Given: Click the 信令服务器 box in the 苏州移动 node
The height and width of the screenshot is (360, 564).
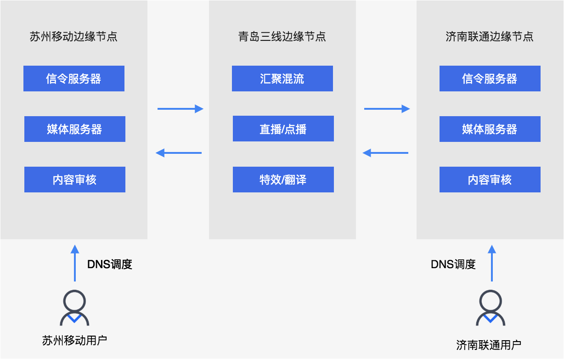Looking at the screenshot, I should pos(74,79).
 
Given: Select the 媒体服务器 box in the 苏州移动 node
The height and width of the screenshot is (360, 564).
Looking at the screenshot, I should pos(74,129).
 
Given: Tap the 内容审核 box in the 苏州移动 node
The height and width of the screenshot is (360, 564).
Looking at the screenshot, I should pos(74,180).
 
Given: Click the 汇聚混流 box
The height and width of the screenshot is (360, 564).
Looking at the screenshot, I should pos(282,79).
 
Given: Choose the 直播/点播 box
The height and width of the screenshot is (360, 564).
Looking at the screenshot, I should pos(283,129).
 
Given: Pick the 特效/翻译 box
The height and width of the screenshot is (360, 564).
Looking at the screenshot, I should pos(283,180).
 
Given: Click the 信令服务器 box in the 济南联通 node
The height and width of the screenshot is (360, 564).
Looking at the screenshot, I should pos(490,79).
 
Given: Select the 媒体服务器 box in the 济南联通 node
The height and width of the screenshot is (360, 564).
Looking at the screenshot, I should pos(490,129).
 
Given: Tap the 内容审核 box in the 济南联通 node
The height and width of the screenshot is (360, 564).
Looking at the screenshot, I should pos(490,180).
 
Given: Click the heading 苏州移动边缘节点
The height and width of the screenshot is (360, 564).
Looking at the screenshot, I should pos(74,37).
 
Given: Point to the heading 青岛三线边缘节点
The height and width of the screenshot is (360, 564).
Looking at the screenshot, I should pos(282,37).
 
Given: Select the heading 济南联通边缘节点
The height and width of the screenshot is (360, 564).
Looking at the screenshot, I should pos(490,37).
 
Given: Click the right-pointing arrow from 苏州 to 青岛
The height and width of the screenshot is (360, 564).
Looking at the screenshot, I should pos(180,109).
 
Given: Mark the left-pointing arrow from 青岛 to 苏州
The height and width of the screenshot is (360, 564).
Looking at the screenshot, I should pos(179,153).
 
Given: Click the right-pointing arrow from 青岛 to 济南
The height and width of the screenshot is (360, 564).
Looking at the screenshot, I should pos(387,109).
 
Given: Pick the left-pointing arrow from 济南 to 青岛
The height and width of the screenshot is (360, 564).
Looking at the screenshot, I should pos(385,153).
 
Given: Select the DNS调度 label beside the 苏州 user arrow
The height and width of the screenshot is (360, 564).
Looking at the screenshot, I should pos(110,264).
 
